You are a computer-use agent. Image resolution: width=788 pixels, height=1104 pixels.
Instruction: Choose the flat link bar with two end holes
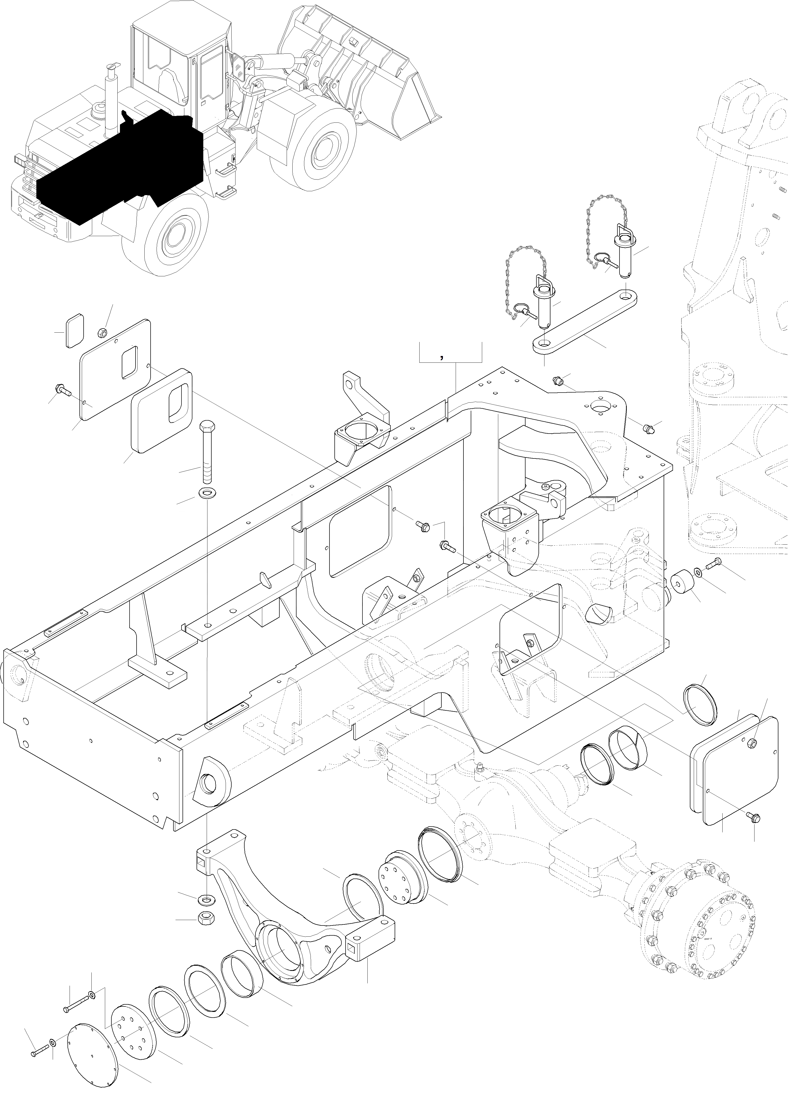coord(585,320)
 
